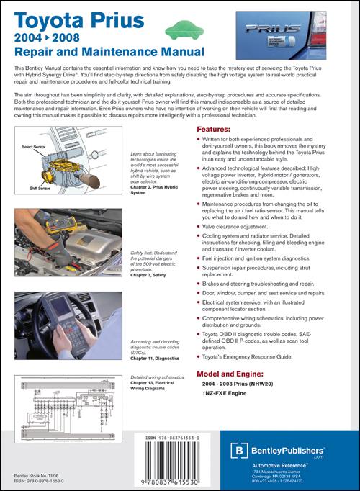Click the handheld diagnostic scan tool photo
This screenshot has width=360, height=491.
68,330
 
